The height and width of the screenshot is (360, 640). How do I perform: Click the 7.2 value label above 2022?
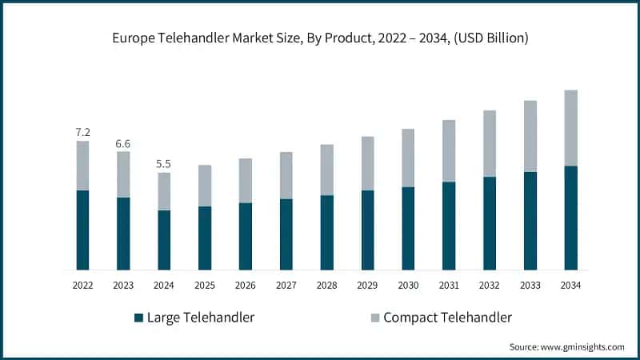pyautogui.click(x=82, y=131)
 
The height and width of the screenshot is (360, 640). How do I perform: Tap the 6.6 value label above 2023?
pyautogui.click(x=123, y=143)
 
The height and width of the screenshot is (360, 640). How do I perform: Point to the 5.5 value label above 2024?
pyautogui.click(x=164, y=164)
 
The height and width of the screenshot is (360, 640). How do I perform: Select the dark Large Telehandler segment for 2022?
pyautogui.click(x=82, y=230)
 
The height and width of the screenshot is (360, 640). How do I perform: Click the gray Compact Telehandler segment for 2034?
pyautogui.click(x=570, y=128)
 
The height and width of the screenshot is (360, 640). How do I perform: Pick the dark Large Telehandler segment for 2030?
pyautogui.click(x=408, y=228)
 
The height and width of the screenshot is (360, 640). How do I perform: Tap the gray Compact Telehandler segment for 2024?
pyautogui.click(x=164, y=191)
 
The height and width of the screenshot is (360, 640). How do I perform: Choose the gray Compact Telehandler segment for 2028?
pyautogui.click(x=326, y=170)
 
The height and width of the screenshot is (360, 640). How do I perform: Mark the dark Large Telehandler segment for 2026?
pyautogui.click(x=246, y=236)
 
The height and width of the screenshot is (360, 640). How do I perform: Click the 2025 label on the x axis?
pyautogui.click(x=205, y=286)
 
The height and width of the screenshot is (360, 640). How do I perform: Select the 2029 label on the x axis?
pyautogui.click(x=367, y=286)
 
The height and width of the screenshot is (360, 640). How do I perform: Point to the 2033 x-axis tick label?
pyautogui.click(x=530, y=286)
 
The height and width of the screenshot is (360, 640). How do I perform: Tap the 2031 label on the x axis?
pyautogui.click(x=449, y=286)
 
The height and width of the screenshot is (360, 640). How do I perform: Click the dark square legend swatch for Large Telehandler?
pyautogui.click(x=138, y=318)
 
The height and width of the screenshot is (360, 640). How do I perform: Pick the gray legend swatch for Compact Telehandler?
pyautogui.click(x=373, y=318)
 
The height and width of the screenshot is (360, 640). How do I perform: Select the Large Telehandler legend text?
pyautogui.click(x=201, y=318)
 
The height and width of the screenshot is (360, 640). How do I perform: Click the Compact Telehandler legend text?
pyautogui.click(x=447, y=318)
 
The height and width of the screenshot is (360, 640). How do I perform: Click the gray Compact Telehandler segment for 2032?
pyautogui.click(x=490, y=143)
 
